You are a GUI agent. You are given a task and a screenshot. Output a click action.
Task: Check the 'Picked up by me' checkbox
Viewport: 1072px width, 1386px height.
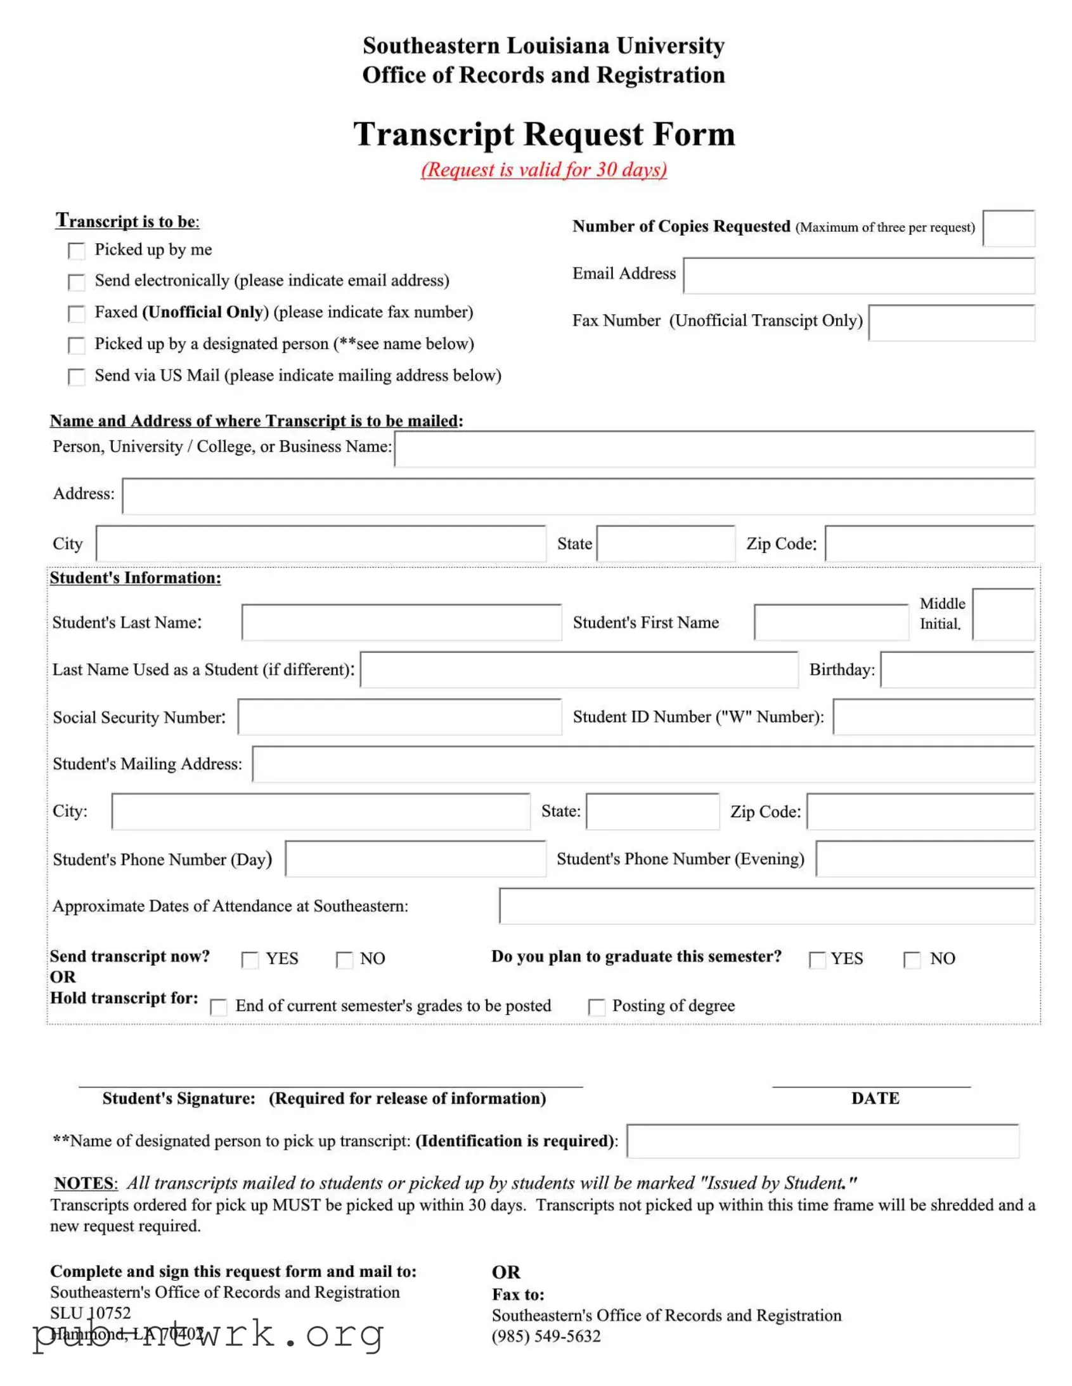[76, 251]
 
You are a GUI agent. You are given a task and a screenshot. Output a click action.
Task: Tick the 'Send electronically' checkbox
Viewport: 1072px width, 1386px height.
[76, 282]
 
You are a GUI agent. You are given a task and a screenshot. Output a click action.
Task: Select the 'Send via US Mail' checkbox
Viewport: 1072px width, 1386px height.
[76, 377]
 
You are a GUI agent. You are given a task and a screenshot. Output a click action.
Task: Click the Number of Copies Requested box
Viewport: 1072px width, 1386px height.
[1008, 229]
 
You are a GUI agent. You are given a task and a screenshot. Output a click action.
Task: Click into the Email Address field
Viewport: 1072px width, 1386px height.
[858, 276]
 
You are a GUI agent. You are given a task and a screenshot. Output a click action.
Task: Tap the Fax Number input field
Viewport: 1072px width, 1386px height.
[951, 323]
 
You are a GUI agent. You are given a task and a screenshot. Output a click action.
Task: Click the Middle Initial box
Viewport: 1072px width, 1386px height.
[1003, 614]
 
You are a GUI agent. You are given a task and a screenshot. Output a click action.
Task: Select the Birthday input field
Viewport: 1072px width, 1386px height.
[957, 670]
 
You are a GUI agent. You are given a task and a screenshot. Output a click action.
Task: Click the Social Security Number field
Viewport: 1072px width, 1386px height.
[399, 717]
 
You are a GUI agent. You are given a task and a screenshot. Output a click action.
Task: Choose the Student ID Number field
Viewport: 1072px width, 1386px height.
[933, 717]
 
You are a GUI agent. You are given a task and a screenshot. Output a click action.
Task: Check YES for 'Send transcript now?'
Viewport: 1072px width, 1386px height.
[250, 960]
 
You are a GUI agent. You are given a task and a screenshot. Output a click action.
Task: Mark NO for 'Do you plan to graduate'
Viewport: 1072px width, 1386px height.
[912, 960]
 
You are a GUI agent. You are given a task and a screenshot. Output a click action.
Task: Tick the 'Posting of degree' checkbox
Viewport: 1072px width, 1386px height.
[597, 1007]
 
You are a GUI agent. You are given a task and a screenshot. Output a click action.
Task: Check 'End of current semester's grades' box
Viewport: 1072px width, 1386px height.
[219, 1007]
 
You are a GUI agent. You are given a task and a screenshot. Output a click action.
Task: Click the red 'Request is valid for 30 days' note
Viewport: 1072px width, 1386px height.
[544, 169]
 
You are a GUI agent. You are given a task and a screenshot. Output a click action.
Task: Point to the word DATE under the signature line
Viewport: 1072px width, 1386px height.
[875, 1098]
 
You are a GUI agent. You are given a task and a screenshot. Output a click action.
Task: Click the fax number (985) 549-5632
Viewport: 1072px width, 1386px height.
[546, 1336]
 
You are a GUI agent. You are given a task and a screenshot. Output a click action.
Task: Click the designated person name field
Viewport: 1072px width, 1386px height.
[822, 1141]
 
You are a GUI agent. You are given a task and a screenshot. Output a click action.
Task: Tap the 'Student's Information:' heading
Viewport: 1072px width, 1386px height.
[135, 578]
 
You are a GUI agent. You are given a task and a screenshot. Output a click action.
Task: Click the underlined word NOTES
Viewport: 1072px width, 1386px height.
[84, 1183]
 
